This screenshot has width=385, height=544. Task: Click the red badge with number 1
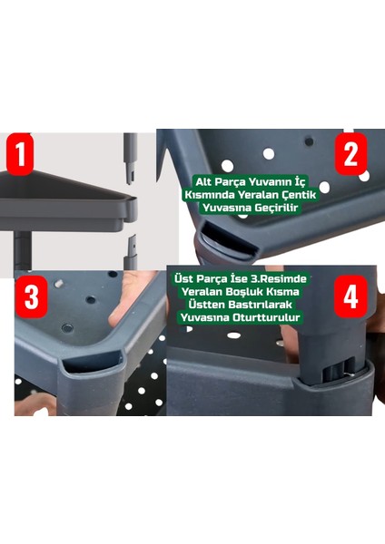tap(20, 154)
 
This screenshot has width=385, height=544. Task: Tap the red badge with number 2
tap(350, 153)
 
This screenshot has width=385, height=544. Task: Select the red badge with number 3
tap(31, 297)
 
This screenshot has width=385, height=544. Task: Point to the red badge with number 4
tap(350, 296)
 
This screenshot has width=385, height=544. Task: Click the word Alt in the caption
tap(203, 182)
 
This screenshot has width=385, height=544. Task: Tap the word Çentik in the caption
tap(299, 195)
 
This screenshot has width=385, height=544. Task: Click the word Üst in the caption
tap(183, 278)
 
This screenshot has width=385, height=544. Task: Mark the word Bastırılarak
tap(261, 305)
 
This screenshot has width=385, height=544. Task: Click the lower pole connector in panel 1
tap(131, 252)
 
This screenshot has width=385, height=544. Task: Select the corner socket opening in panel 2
tap(230, 240)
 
